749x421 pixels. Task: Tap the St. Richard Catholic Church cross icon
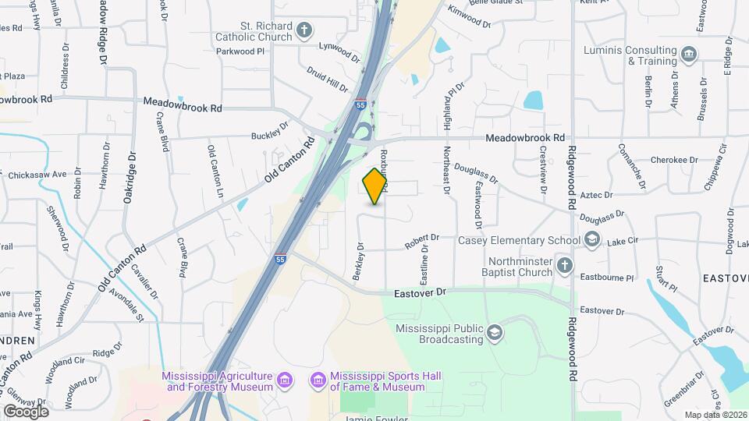(x=304, y=32)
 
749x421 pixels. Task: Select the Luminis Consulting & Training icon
(x=689, y=54)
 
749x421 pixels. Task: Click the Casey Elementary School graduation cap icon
(x=592, y=239)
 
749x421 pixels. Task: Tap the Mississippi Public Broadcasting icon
(x=494, y=334)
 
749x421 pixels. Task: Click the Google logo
(x=27, y=411)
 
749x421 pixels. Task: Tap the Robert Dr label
(x=422, y=242)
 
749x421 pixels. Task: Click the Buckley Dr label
(x=270, y=136)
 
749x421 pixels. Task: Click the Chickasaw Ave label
(x=37, y=174)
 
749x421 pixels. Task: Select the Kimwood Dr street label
(x=471, y=18)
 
